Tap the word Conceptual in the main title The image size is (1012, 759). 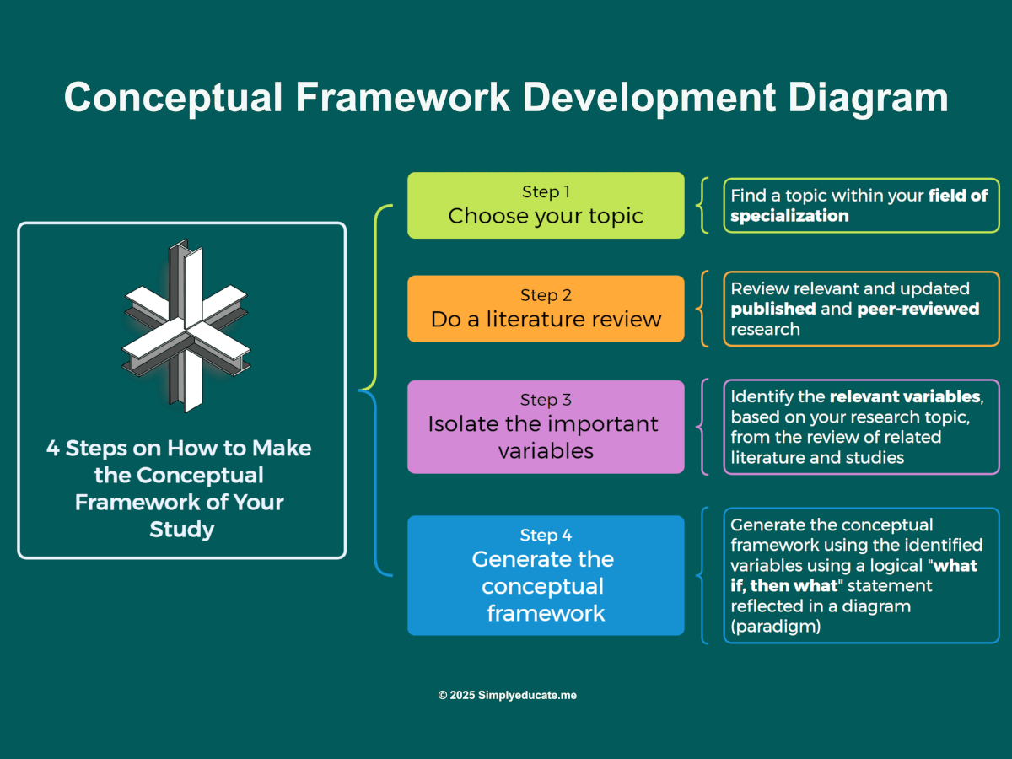tap(174, 98)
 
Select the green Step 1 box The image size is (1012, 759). tap(546, 205)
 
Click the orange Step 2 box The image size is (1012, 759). tap(546, 308)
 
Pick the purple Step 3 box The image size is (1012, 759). tap(546, 426)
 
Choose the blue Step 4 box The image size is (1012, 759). tap(546, 575)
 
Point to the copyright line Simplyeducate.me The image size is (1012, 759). tap(507, 696)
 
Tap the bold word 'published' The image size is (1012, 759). tap(773, 309)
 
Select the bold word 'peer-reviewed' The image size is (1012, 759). tap(918, 309)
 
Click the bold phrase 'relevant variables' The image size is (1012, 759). tap(905, 396)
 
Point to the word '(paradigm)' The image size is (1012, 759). tap(776, 627)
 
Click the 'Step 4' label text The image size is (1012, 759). tap(546, 536)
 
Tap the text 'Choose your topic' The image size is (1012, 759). tap(546, 216)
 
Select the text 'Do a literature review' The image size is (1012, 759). tap(546, 320)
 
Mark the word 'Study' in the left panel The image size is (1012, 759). tap(181, 529)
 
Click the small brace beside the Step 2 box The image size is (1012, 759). tap(702, 309)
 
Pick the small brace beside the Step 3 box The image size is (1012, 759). tap(702, 426)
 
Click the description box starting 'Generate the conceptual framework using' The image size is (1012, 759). tap(860, 575)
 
